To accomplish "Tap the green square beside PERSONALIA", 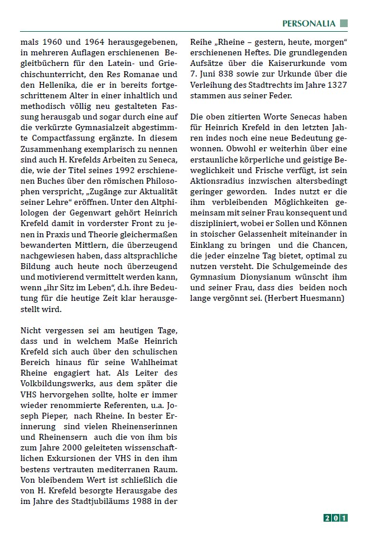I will point(344,24).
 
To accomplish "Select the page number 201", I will point(335,518).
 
